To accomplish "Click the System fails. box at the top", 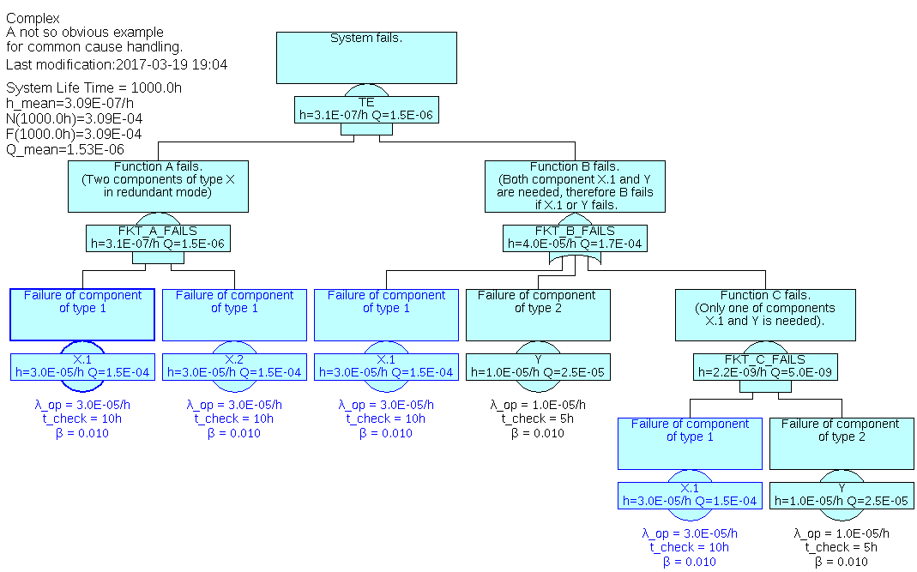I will coord(366,57).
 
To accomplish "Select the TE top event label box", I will coord(366,108).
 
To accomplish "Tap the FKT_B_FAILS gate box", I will coord(575,238).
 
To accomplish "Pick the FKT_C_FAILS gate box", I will coord(765,366).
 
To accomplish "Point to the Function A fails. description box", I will coord(158,186).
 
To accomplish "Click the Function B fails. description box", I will coord(575,186).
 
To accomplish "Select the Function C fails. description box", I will coord(765,315).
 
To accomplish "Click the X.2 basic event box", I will coord(234,366).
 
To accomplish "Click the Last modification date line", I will coord(117,64).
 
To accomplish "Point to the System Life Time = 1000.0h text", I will coord(94,87).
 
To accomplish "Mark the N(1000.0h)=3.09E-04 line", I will coord(74,118).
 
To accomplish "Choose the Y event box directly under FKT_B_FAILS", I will coord(538,366).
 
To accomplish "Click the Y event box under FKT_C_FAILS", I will coord(842,495).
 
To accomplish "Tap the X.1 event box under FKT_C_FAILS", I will coord(690,495).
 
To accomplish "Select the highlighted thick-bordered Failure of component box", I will coord(82,315).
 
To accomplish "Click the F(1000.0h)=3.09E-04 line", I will coord(74,134).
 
